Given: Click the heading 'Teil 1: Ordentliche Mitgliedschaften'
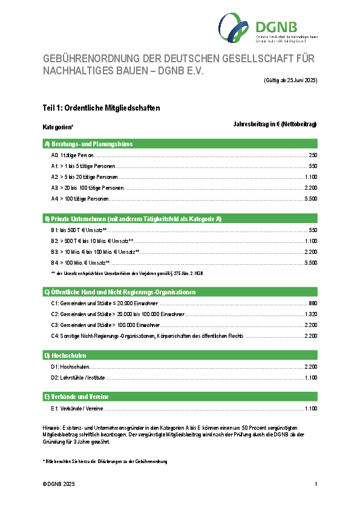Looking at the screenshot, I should [101, 109].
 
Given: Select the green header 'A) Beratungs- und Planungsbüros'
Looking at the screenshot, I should [88, 144].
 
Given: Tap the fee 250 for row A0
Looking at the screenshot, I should [313, 155].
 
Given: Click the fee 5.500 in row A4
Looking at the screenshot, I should [311, 198].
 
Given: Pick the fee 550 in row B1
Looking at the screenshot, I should [313, 230].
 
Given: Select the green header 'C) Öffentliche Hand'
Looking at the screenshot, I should [120, 292].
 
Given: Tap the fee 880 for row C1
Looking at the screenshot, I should [313, 303].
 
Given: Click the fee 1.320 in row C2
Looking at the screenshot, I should [311, 314].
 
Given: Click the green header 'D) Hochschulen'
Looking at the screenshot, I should [65, 355].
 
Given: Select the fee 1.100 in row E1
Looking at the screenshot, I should [311, 409].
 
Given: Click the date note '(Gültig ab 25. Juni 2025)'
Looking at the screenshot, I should [290, 80].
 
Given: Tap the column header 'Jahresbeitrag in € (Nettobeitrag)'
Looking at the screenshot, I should [275, 124].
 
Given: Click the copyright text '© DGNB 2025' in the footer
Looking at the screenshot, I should [59, 485].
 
